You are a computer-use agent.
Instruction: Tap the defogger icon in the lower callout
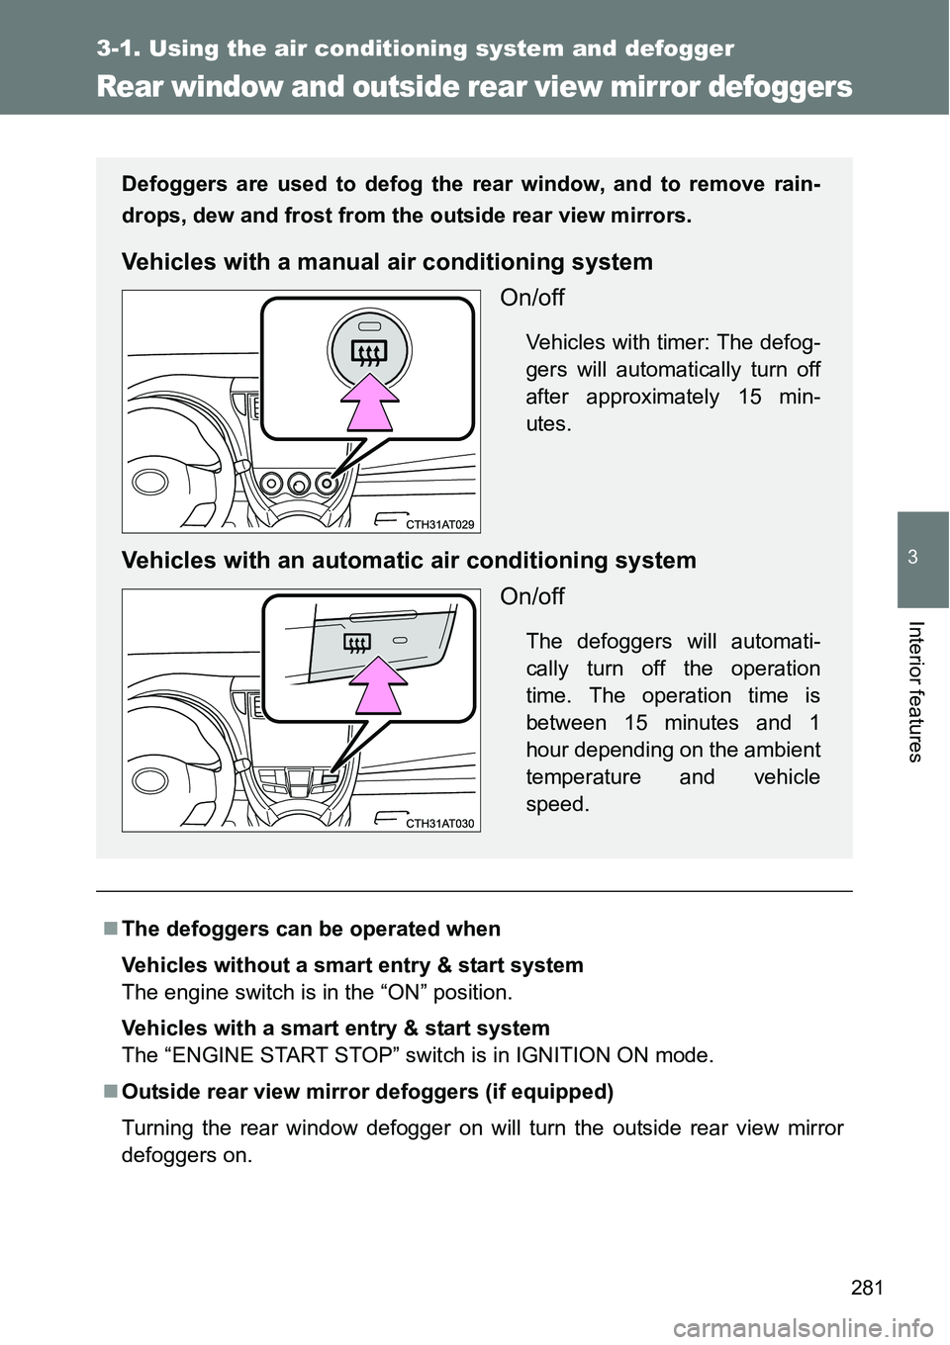356,645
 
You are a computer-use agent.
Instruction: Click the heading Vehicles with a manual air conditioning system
387,262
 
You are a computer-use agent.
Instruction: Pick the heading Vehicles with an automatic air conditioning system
409,561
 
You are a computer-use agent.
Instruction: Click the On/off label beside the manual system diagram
532,298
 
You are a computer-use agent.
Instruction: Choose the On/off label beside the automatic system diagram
532,596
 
